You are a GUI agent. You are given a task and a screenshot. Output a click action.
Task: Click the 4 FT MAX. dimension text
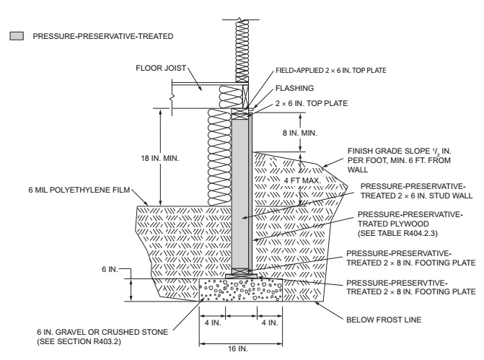[283, 179]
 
